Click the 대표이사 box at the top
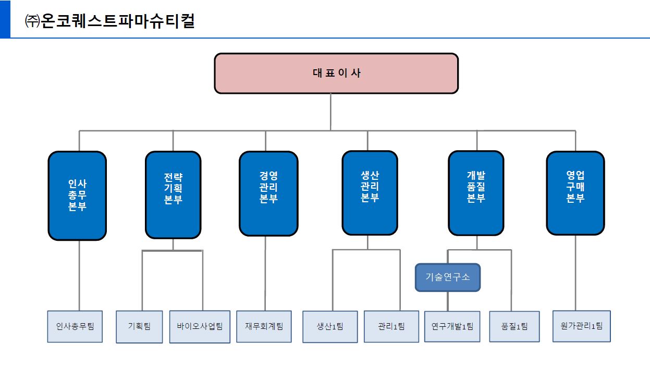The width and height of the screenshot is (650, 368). point(336,73)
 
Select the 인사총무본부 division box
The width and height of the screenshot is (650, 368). point(77,195)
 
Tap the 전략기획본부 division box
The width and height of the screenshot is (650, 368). point(173,194)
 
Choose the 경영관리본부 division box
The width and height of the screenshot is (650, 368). point(268,193)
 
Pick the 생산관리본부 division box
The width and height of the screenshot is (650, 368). point(370,192)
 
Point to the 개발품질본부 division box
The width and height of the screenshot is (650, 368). point(476,192)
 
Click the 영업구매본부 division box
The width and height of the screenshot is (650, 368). point(575,192)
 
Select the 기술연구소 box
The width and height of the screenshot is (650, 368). point(448,277)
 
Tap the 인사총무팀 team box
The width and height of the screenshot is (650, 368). point(75,326)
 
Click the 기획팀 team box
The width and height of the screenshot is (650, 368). point(139,326)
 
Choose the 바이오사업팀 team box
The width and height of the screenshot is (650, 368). point(200,326)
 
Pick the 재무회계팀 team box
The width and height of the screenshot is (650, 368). point(264,326)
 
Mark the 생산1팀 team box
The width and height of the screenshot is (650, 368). point(330,326)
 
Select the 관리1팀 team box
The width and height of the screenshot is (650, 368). point(391,326)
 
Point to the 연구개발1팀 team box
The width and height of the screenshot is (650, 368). point(452,326)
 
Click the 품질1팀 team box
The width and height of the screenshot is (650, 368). point(514,326)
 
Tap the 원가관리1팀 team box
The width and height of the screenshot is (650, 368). point(581,326)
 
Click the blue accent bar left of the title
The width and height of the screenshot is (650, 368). point(5,19)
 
